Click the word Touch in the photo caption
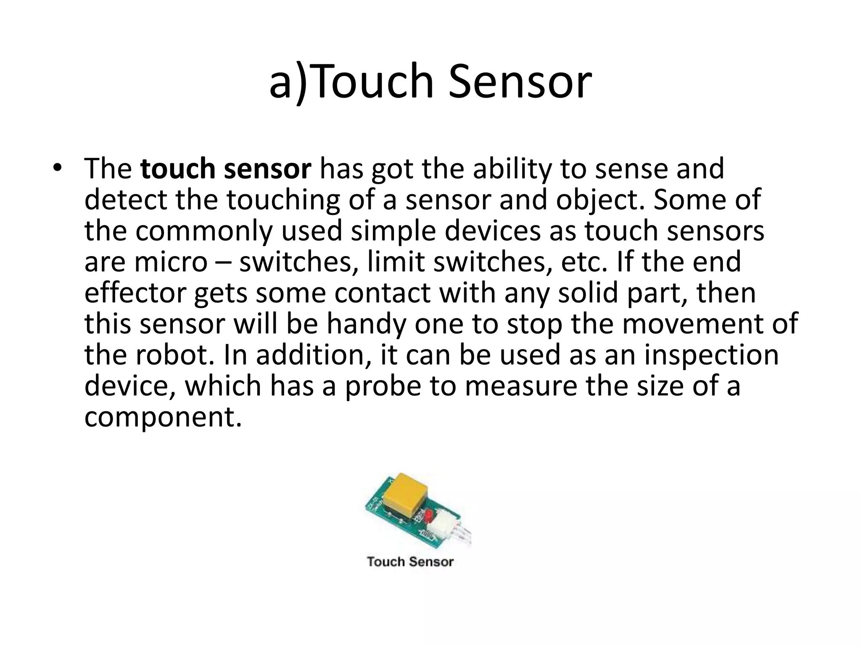(386, 561)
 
